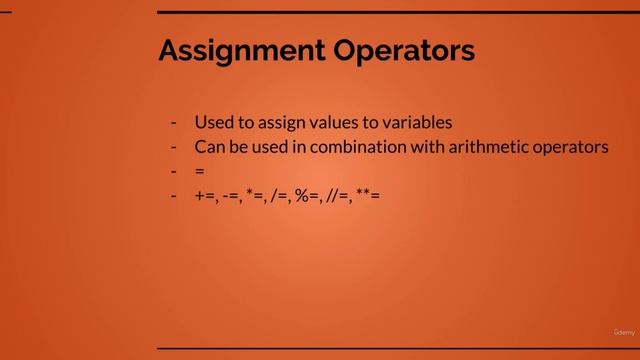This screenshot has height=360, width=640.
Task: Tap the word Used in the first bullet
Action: (x=213, y=123)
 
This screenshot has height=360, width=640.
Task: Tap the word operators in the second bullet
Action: (x=569, y=147)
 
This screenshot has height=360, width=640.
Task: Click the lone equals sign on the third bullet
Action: (x=200, y=171)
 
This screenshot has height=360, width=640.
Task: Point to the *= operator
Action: (x=256, y=196)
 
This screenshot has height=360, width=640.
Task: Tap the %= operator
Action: (x=308, y=196)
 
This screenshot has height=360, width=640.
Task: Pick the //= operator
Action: (x=338, y=196)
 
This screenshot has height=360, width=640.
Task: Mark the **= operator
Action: (x=369, y=196)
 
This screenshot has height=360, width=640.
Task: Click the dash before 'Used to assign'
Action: (x=174, y=123)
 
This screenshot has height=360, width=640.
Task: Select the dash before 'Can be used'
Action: (x=174, y=147)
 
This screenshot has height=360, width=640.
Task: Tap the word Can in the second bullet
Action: (x=209, y=147)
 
